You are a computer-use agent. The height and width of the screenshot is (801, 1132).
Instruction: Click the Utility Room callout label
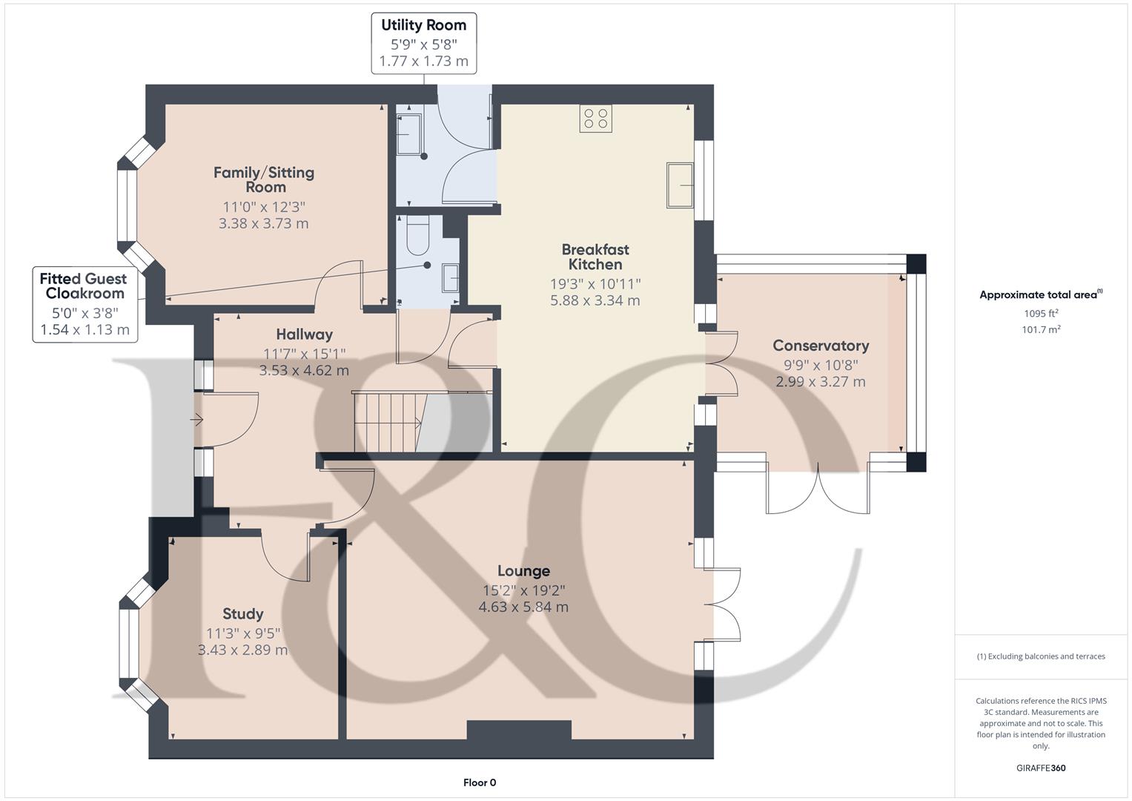coord(423,43)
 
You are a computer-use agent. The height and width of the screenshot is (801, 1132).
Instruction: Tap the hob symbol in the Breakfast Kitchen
coord(595,119)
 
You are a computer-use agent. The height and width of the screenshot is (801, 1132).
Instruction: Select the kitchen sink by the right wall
coord(680,185)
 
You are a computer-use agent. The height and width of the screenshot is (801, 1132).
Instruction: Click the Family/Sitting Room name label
coord(264,179)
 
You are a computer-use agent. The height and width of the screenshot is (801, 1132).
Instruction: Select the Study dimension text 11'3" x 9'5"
coord(242,633)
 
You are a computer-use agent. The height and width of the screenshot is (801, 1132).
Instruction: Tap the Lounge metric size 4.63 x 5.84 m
coord(523,607)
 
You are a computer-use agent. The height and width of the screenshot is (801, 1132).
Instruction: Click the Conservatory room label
coord(821,346)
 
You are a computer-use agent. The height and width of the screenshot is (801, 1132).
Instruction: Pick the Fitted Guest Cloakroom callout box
coord(84,304)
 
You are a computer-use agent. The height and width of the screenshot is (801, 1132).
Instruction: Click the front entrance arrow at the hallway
coord(196,421)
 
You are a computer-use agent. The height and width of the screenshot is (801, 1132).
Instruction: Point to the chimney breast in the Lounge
coord(519,730)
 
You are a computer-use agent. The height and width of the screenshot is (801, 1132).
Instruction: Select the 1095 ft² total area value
coord(1041,313)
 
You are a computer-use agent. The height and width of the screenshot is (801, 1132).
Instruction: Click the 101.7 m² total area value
coord(1041,330)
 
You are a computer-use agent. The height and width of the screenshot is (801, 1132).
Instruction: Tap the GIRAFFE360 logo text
coord(1040,768)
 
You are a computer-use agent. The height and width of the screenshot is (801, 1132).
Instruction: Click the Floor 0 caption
coord(479,782)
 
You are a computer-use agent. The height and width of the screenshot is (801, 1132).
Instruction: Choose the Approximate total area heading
coord(1040,294)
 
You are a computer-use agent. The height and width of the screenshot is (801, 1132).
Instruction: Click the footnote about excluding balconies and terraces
coord(1040,656)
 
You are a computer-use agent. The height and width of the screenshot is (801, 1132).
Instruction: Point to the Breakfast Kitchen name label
coord(595,257)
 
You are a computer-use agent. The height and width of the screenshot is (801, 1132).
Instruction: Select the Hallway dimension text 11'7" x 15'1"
coord(304,354)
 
